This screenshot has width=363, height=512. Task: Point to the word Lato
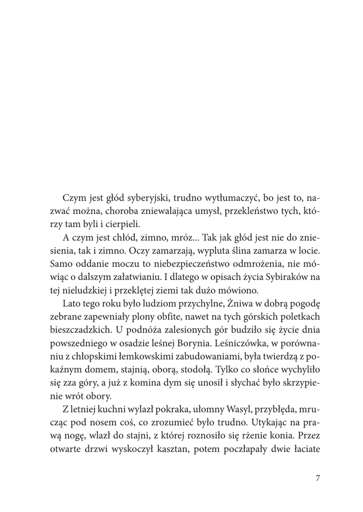click(72, 303)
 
